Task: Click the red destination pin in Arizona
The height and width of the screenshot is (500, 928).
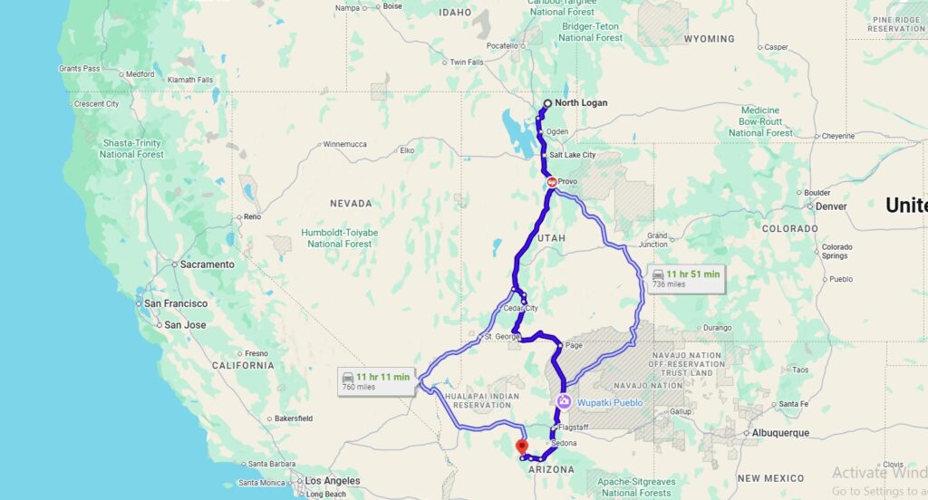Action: pyautogui.click(x=520, y=447)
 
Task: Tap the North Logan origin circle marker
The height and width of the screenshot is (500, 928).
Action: pyautogui.click(x=547, y=103)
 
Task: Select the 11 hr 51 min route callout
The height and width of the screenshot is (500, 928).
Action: pyautogui.click(x=686, y=278)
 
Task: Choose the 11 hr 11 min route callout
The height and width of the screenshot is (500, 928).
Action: pyautogui.click(x=376, y=380)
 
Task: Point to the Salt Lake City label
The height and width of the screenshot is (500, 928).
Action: pyautogui.click(x=573, y=155)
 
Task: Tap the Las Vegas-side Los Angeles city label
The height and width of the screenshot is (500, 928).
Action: pyautogui.click(x=332, y=481)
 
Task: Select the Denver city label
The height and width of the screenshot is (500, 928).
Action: pyautogui.click(x=830, y=207)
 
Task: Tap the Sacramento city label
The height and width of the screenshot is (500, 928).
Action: pyautogui.click(x=207, y=264)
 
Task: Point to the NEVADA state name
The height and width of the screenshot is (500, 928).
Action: pyautogui.click(x=351, y=203)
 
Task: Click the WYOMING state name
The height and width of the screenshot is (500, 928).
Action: pyautogui.click(x=709, y=39)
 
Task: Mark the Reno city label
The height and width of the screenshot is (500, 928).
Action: pyautogui.click(x=252, y=216)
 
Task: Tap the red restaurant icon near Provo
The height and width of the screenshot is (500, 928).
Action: pyautogui.click(x=552, y=182)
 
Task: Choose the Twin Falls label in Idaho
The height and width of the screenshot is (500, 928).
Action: pyautogui.click(x=467, y=62)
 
